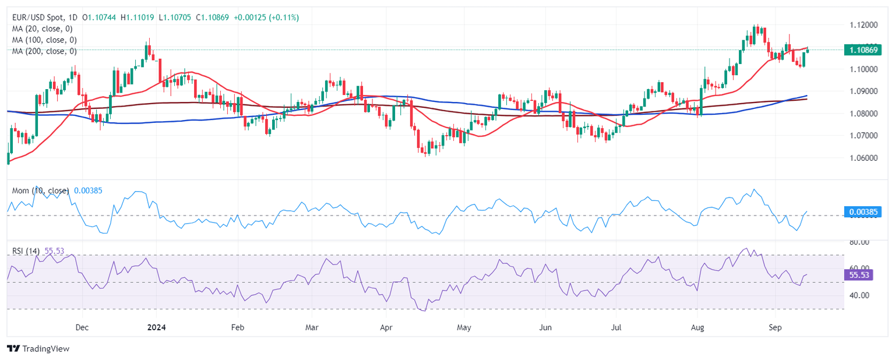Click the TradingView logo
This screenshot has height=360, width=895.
click(x=38, y=348)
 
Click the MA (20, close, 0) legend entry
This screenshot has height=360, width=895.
click(x=44, y=29)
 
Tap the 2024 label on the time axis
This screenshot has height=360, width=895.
click(x=156, y=327)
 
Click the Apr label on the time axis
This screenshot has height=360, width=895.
click(x=386, y=327)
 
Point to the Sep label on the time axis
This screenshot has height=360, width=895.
click(x=776, y=327)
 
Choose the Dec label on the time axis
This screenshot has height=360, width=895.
click(x=82, y=327)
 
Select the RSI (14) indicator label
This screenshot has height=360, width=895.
click(x=26, y=251)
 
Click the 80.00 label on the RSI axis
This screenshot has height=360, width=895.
click(x=859, y=242)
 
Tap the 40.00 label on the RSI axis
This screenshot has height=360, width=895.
click(x=859, y=295)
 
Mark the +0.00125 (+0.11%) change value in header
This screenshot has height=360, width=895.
click(x=266, y=17)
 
